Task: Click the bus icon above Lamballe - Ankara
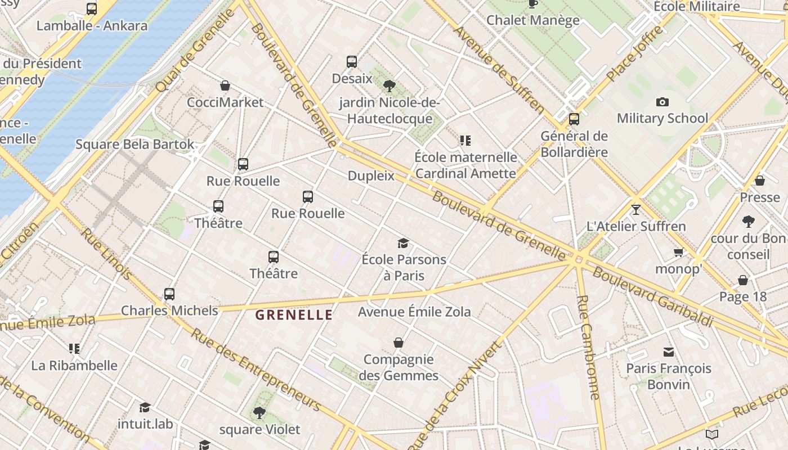92,9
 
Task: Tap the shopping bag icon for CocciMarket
225,85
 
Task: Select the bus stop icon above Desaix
352,62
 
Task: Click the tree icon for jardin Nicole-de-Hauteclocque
389,86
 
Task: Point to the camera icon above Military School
662,102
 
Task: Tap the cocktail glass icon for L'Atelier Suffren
636,210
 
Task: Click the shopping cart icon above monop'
678,253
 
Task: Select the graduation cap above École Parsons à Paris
403,243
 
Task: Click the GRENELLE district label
294,315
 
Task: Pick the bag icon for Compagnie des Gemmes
399,343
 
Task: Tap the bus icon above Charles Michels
169,294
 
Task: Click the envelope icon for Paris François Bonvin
669,352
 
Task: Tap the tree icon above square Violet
259,413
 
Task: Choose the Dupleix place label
371,175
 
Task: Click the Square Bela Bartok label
135,144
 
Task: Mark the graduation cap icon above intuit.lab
145,407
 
